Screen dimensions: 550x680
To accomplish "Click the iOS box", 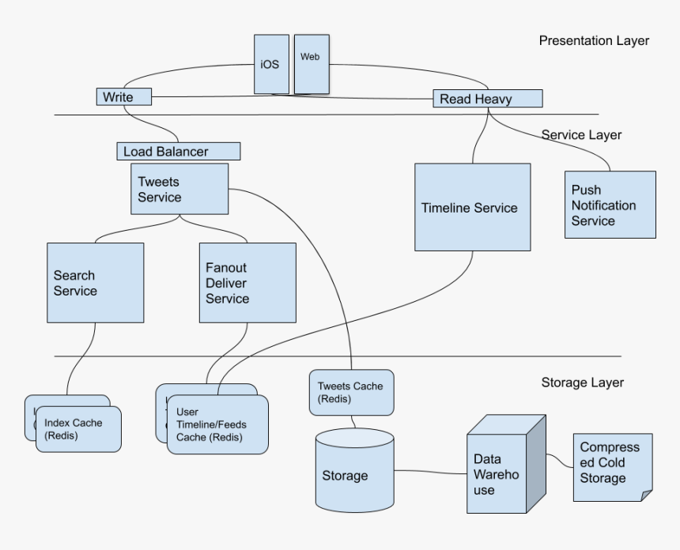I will point(269,64).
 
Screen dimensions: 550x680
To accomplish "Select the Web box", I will point(312,63).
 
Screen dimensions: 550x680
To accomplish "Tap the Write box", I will point(124,97).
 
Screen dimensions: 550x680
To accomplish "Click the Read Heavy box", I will point(487,99).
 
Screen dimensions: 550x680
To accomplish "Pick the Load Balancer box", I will point(178,150).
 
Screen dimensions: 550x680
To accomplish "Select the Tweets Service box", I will point(168,189).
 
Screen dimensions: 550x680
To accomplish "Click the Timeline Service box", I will point(472,208).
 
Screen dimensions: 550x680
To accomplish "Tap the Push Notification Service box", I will point(610,205).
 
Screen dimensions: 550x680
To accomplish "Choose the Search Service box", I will point(95,283).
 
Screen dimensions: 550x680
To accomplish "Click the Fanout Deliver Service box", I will point(247,283).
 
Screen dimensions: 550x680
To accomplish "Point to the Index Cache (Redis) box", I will point(77,429).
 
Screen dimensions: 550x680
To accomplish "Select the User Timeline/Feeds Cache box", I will point(217,425).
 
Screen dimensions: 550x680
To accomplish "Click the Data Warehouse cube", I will point(497,474).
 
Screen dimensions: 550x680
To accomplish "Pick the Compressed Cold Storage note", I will point(612,466).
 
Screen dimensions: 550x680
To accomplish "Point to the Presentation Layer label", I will point(594,40).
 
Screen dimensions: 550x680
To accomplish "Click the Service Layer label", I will point(581,135).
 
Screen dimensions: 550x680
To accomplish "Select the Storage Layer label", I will point(582,382).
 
